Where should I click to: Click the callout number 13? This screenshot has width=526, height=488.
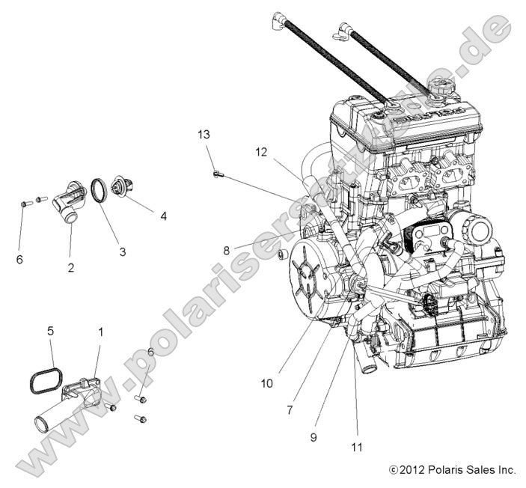pos(204,135)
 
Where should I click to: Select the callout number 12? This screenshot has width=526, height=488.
pos(260,152)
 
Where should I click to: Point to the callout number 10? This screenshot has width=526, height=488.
pos(267,384)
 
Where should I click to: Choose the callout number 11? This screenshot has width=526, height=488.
pos(357,448)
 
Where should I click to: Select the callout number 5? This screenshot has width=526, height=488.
pos(51,330)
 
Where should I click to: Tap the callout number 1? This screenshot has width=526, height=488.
pos(101,330)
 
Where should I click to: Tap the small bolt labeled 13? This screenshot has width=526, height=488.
pos(217,174)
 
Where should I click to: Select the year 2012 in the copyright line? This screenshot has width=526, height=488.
pos(414,470)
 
